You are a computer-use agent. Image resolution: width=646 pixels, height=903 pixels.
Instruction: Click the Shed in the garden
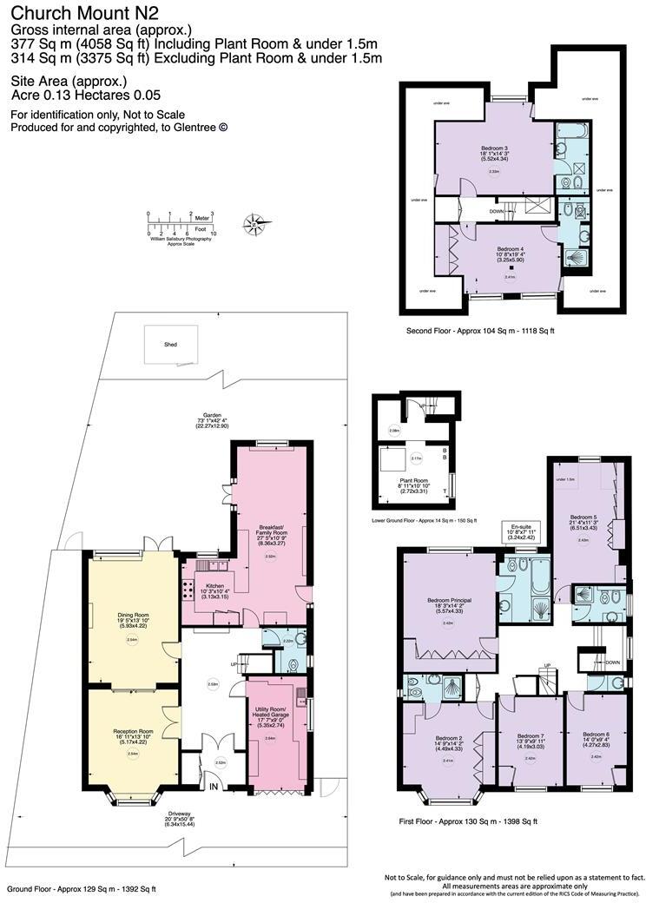(171, 344)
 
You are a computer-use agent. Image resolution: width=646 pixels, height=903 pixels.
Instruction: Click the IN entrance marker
(213, 787)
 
